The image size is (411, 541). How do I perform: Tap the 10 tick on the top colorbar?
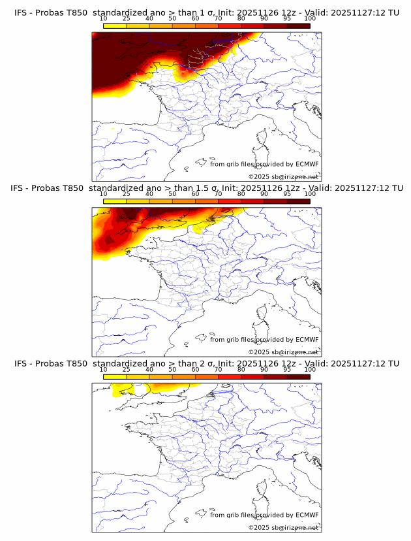coord(104,18)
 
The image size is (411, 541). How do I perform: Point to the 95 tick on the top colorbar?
coord(287,18)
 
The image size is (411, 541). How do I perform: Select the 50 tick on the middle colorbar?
coord(172,194)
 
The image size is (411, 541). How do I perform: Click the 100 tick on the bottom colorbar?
coord(310,369)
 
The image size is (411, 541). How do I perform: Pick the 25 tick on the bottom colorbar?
coord(127,369)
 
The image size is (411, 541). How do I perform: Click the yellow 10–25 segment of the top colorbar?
coord(115,25)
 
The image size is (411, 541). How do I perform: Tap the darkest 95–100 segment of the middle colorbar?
coord(299,201)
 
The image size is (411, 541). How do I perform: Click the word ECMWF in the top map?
coord(307,164)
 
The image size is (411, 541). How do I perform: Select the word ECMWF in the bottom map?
coord(307,515)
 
